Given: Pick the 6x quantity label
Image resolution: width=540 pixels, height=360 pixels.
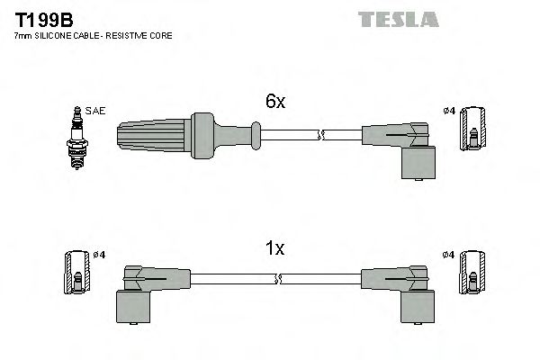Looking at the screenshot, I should [275, 103].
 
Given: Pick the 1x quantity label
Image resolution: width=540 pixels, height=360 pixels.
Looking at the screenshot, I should [275, 249].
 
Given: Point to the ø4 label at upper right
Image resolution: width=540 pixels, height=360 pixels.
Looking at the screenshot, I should [449, 111].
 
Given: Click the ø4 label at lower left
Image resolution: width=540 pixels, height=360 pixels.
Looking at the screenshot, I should [99, 255].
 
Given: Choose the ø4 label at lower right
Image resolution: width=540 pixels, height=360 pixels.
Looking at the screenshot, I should [449, 255].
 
